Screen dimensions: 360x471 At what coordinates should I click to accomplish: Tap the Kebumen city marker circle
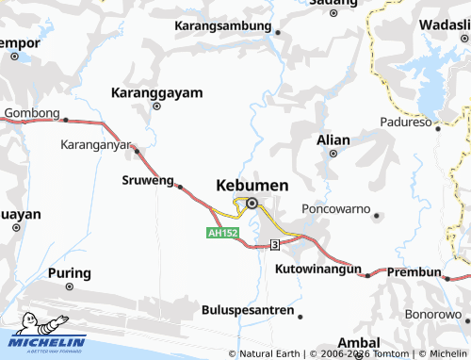252,202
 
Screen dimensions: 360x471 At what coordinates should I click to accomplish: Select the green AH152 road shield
223,232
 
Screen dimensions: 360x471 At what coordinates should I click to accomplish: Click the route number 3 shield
274,244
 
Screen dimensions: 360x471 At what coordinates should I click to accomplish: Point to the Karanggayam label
156,93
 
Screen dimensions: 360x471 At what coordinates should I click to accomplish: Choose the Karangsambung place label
224,25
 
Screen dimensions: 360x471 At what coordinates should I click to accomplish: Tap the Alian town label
333,139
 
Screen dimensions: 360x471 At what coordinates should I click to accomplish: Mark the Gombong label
32,113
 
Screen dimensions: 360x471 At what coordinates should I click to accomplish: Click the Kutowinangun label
318,270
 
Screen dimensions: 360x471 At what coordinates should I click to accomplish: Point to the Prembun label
414,272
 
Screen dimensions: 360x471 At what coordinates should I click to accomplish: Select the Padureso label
406,122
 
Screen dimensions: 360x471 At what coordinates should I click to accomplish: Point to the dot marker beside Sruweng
179,187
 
